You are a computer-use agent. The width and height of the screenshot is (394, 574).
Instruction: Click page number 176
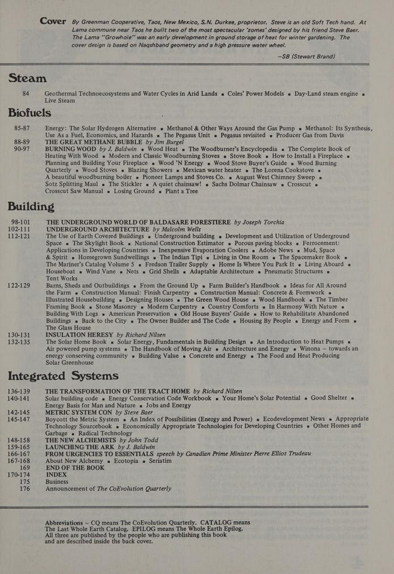pos(25,488)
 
